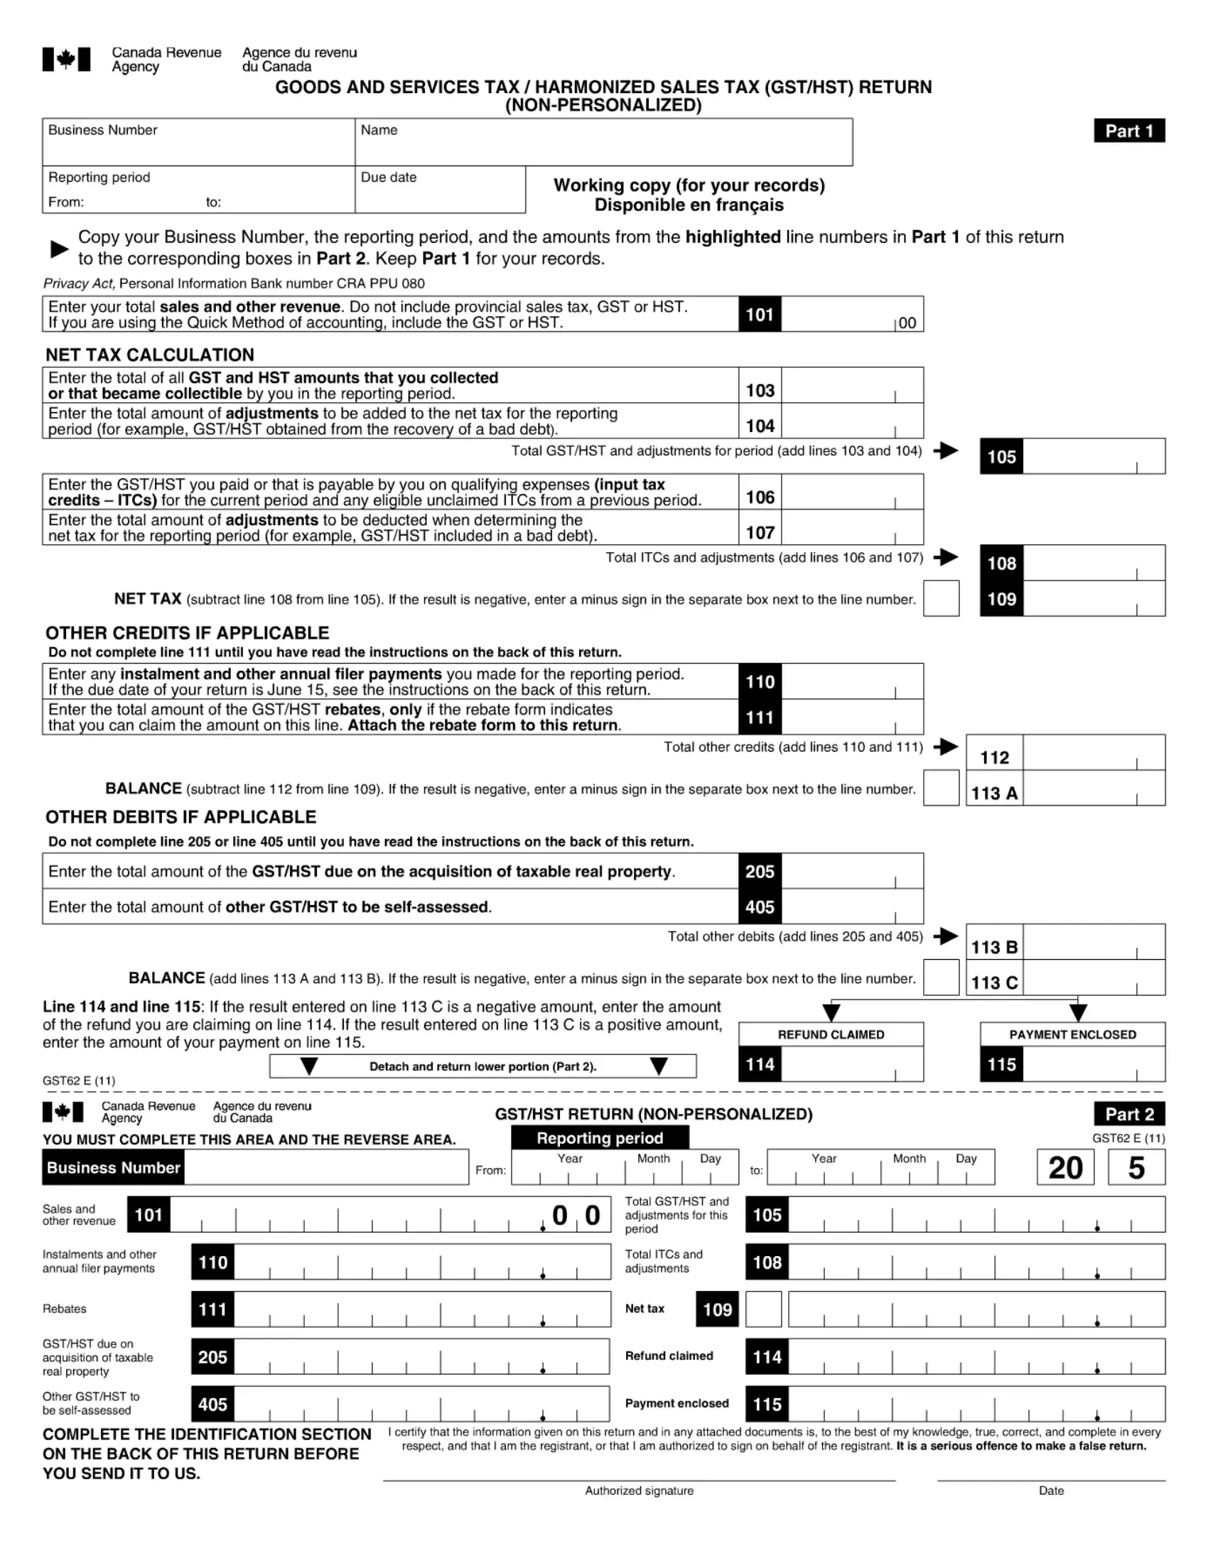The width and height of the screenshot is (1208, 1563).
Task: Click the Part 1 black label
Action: click(1128, 131)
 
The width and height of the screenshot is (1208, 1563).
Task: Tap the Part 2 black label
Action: click(1128, 1114)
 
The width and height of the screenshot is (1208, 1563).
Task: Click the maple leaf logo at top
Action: click(67, 60)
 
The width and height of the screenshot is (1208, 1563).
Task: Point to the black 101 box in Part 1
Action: click(760, 315)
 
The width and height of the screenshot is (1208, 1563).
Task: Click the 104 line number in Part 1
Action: click(760, 426)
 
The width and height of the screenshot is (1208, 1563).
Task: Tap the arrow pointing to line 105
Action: click(946, 451)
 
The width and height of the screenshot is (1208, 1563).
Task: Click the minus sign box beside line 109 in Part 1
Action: click(941, 599)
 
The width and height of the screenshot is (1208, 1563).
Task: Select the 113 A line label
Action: click(994, 793)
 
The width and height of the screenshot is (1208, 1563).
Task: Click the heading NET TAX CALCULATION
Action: click(149, 355)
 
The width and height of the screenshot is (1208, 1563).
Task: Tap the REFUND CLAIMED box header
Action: click(831, 1035)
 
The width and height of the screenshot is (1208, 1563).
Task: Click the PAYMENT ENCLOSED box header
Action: click(1072, 1035)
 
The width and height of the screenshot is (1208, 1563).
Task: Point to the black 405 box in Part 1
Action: click(760, 907)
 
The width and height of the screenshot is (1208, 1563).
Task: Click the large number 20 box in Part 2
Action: click(1065, 1168)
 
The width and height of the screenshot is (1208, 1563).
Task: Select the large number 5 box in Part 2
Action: click(1136, 1168)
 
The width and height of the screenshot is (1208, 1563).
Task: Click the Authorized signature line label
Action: click(639, 1491)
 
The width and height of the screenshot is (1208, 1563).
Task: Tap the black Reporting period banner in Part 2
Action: click(600, 1138)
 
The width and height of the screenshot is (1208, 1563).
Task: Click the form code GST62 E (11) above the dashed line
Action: click(79, 1081)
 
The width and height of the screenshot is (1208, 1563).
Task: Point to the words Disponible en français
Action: click(689, 205)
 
